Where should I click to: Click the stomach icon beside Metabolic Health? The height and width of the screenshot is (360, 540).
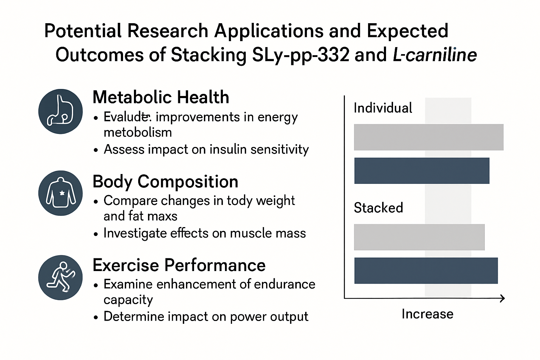tap(60, 111)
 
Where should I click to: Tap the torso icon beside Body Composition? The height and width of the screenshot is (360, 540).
tap(60, 193)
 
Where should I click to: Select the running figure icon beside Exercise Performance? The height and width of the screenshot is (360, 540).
tap(60, 277)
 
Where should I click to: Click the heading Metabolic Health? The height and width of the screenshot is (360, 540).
tap(161, 97)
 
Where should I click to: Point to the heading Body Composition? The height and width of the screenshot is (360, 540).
tap(165, 182)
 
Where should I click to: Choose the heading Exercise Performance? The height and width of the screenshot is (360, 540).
tap(179, 265)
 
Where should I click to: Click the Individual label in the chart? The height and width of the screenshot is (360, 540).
tap(383, 108)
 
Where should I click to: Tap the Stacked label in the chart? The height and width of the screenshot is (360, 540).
tap(378, 208)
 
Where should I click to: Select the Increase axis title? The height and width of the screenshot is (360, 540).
tap(427, 314)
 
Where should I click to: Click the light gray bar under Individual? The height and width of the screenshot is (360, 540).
tap(429, 137)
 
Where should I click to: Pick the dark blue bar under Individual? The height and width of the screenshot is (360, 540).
tap(422, 171)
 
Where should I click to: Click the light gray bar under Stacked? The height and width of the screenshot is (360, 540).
tap(419, 237)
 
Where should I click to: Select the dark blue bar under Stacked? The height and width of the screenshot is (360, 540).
tap(426, 271)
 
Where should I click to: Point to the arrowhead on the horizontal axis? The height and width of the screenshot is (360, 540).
tap(502, 298)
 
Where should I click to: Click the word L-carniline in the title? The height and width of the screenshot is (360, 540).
tap(435, 55)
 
